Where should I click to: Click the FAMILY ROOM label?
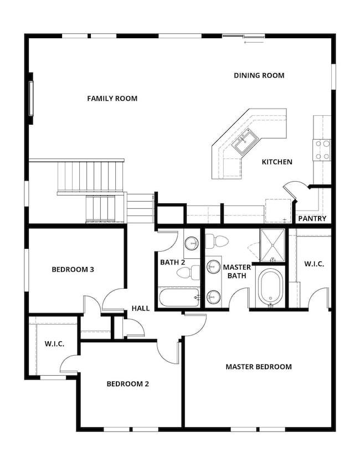pos(112,99)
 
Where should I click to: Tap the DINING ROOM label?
pos(259,75)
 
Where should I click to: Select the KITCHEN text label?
pos(277,162)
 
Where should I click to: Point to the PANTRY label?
pos(312,219)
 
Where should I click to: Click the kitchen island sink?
pos(245,142)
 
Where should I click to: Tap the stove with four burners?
pos(322,150)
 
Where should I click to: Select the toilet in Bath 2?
pos(188,273)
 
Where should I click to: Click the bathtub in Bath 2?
pos(179,298)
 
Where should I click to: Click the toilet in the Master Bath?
pos(217,242)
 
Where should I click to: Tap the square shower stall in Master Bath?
pos(272,245)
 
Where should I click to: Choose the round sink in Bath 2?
pos(192,244)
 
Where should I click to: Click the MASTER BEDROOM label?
pos(259,367)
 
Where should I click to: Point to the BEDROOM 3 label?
pos(73,269)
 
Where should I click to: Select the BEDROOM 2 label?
pos(128,384)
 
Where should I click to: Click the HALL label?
pos(141,309)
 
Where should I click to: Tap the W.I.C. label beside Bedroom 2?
pos(55,344)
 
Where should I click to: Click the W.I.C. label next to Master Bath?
pos(314,264)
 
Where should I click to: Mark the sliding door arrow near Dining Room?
pos(254,43)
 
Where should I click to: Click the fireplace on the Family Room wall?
pos(30,99)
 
